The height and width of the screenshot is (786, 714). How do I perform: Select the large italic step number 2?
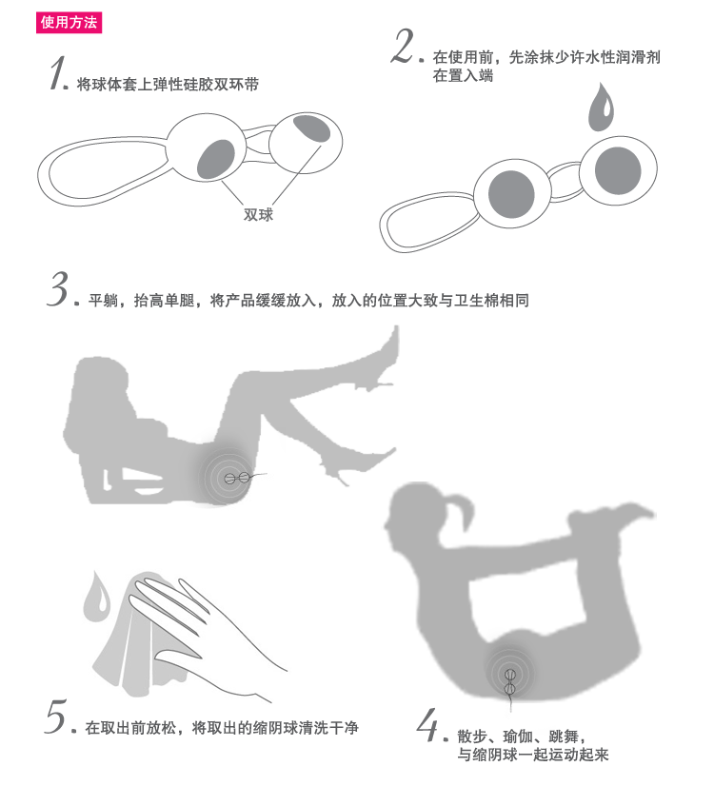pyautogui.click(x=404, y=47)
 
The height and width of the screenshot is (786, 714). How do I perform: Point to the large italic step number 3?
pyautogui.click(x=59, y=290)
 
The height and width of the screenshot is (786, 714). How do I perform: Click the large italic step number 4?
pyautogui.click(x=430, y=728)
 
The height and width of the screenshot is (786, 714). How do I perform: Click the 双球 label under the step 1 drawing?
pyautogui.click(x=258, y=215)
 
